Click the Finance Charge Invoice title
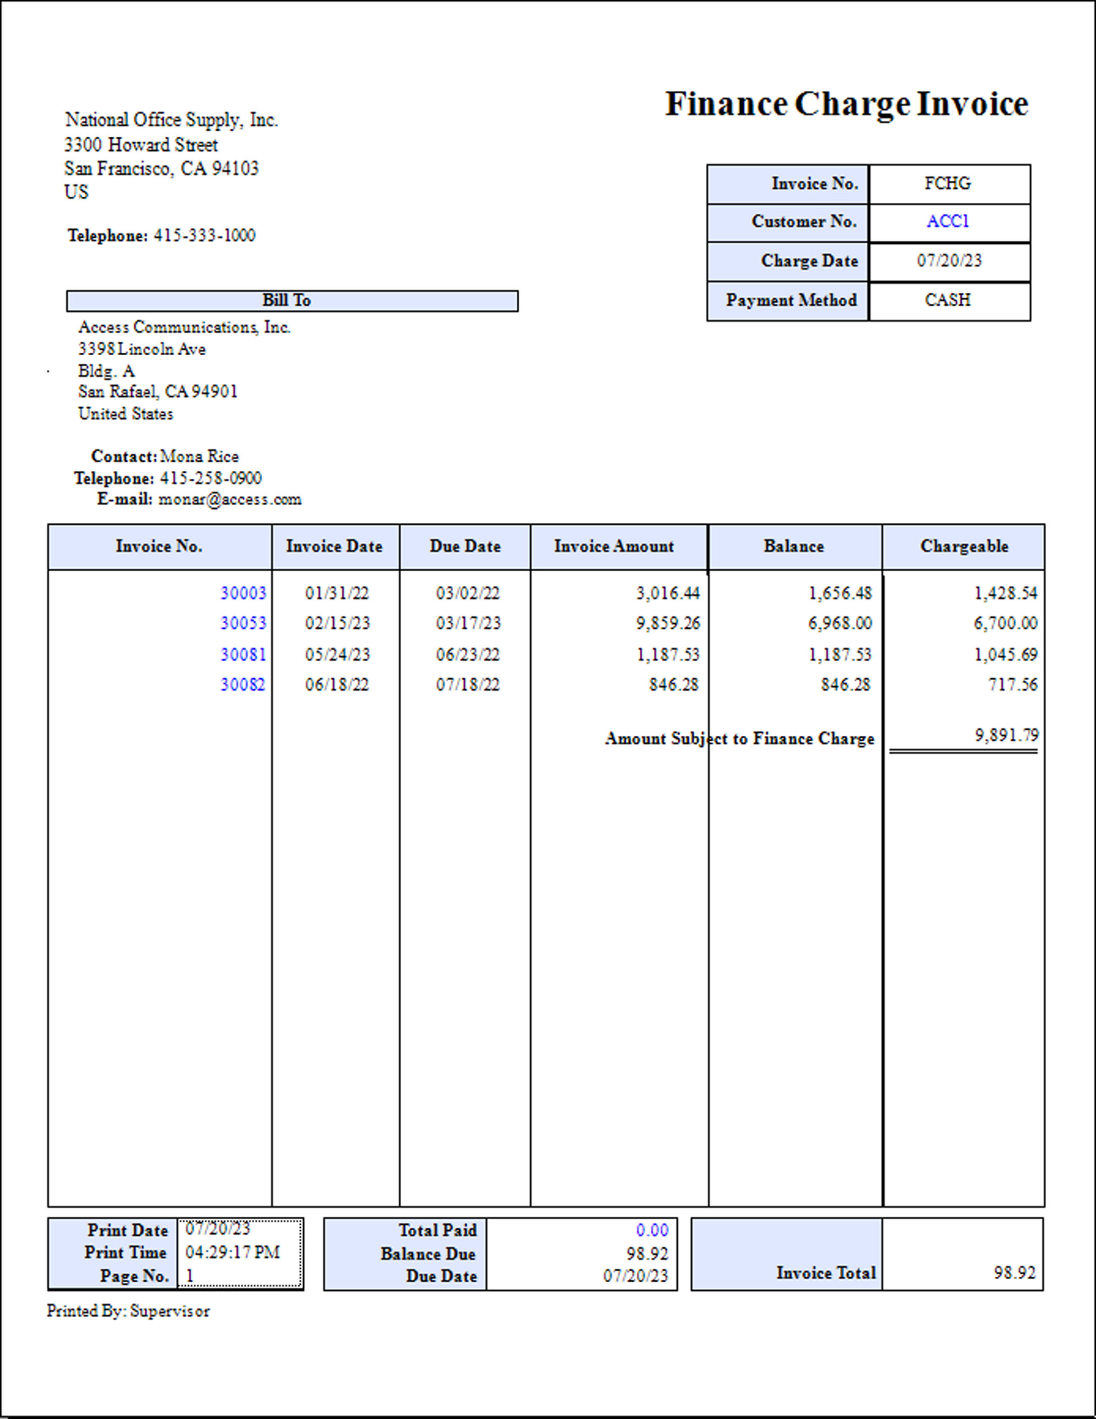846,104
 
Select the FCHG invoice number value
947,184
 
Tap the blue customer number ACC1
947,222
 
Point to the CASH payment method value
947,300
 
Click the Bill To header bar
292,301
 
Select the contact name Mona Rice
199,456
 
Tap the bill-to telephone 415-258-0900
210,478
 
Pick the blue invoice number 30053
243,624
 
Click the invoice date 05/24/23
337,654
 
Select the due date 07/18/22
468,685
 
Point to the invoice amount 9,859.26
668,624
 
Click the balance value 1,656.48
840,593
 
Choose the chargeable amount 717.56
1013,685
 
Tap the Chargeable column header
964,547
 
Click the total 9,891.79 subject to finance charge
1006,736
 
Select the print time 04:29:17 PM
233,1252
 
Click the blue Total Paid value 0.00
652,1231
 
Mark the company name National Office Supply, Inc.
172,120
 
